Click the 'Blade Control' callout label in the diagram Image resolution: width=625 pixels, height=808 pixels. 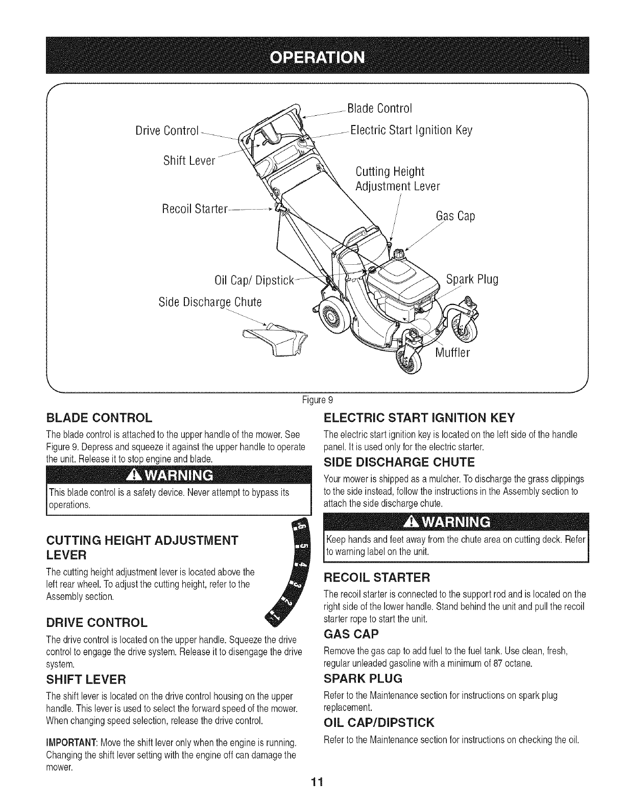[379, 109]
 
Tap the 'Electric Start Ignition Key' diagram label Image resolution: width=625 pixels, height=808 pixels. [412, 131]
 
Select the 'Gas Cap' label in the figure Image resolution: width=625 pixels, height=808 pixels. [455, 217]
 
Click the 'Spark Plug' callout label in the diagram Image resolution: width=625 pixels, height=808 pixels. [472, 280]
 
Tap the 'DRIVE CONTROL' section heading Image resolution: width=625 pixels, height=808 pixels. [97, 623]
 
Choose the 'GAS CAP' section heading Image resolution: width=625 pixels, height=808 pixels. [351, 634]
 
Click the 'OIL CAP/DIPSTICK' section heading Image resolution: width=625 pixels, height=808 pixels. [379, 723]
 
